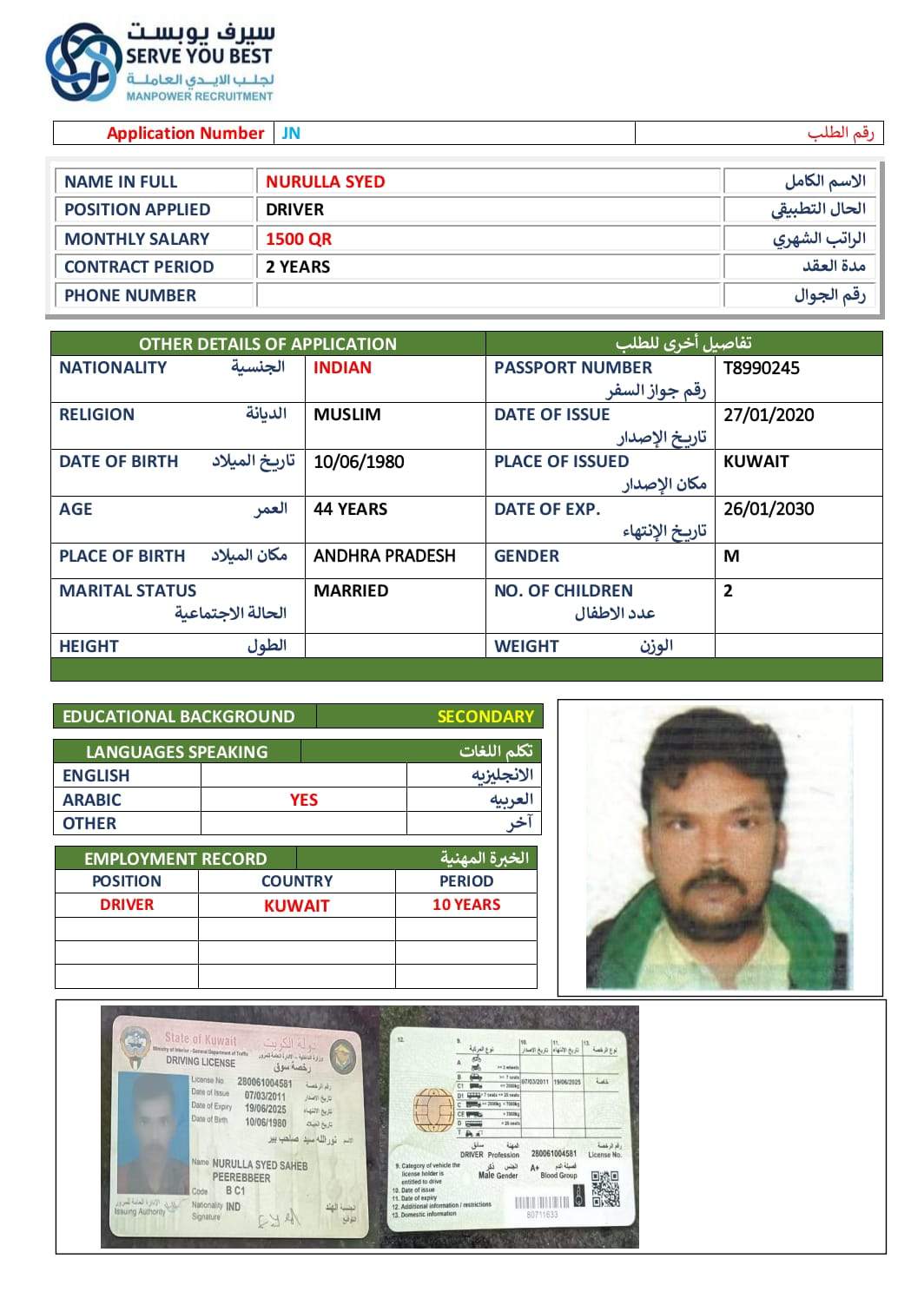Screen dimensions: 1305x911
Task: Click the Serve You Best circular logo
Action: tap(83, 63)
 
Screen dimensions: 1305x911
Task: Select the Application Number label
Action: tap(184, 133)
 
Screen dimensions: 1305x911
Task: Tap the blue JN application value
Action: tap(291, 133)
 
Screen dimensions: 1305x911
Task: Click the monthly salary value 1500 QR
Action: tap(298, 239)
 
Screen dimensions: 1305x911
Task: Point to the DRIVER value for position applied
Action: tap(294, 209)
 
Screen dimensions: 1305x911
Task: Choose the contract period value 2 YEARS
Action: tap(297, 267)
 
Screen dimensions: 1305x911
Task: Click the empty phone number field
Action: tap(488, 295)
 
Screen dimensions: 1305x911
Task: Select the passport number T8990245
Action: tap(761, 368)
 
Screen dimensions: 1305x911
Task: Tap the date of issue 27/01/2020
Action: tap(768, 415)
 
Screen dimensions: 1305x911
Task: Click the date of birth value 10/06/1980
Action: tap(358, 462)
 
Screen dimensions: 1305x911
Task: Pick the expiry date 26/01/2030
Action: tap(768, 509)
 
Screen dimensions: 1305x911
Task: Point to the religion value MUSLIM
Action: tap(347, 415)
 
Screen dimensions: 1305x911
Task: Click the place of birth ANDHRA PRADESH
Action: tap(384, 556)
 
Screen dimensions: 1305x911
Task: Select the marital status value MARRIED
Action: tap(350, 590)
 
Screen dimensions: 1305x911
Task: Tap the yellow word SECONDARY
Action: tap(485, 716)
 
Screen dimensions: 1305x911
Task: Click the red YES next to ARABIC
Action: tap(303, 800)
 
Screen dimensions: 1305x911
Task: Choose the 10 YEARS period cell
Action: tap(465, 905)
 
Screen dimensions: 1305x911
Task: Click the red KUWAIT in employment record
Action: tap(296, 906)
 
